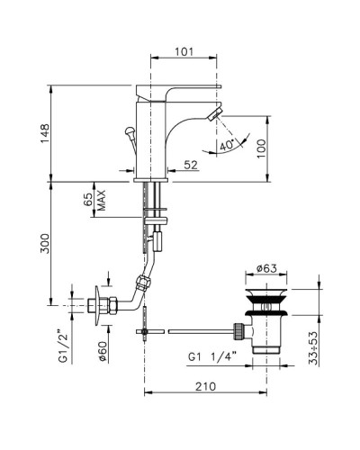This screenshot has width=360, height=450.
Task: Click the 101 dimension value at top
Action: click(184, 51)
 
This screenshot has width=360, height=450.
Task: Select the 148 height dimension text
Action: click(45, 133)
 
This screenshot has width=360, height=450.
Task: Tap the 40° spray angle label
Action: click(227, 146)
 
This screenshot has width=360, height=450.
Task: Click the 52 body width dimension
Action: click(191, 165)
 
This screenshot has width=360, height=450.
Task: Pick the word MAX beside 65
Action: click(102, 200)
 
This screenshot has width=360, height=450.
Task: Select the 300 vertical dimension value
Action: click(45, 243)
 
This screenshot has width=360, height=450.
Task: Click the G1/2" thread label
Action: click(65, 346)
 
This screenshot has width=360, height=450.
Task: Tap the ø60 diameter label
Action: click(102, 351)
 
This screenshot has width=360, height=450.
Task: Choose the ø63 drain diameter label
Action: click(266, 268)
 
